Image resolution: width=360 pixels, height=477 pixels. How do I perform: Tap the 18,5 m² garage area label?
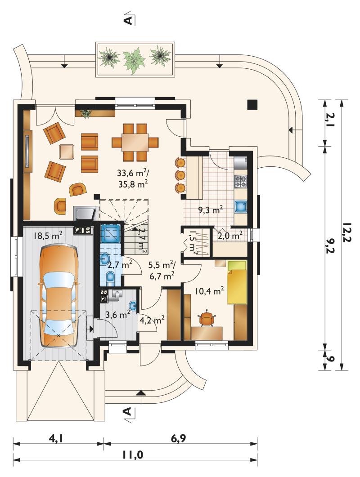point(48,236)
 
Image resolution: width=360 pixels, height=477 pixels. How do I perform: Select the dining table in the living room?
point(135,142)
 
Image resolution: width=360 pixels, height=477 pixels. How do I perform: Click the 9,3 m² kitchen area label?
point(211,210)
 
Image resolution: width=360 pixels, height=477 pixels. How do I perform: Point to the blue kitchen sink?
point(240,206)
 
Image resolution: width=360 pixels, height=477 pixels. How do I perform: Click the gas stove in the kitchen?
point(240,181)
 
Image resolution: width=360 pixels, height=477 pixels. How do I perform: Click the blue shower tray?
point(111,233)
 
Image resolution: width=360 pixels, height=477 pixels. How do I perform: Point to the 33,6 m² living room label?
point(133,173)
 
